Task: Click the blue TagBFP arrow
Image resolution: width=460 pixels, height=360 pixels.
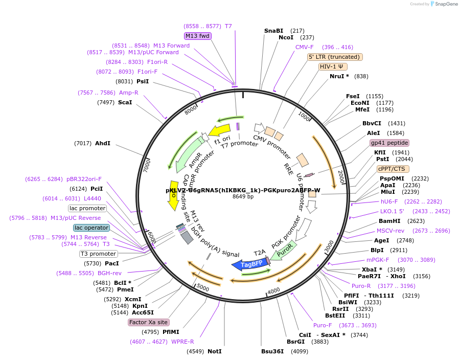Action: click(249, 263)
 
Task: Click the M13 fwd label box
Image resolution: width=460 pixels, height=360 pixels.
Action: click(198, 36)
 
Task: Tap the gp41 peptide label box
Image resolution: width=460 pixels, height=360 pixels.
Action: click(389, 143)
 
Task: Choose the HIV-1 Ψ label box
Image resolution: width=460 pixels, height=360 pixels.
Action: click(333, 66)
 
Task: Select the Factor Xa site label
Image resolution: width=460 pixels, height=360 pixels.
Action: click(148, 322)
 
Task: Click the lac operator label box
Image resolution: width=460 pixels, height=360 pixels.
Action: click(91, 228)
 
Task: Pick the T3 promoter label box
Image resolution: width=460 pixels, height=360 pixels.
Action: click(99, 254)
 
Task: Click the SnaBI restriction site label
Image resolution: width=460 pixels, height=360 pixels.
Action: click(273, 31)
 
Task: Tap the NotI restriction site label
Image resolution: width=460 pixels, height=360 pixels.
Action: click(215, 351)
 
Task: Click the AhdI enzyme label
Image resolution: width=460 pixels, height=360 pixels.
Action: click(103, 143)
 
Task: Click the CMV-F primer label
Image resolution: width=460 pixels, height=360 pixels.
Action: click(305, 47)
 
